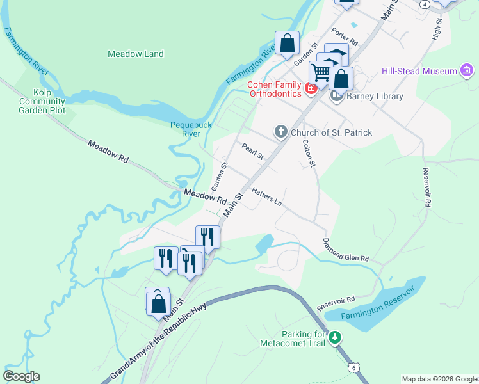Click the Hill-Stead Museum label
pos(419,71)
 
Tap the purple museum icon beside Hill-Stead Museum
pos(467,70)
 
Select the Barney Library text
pos(375,97)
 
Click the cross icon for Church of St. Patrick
pos(280,132)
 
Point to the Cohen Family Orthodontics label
pos(275,89)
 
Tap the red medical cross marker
pos(311,88)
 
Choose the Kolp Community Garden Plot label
pos(42,101)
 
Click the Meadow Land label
pos(136,54)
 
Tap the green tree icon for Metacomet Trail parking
pos(334,337)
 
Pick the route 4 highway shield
pos(425,4)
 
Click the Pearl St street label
pos(253,152)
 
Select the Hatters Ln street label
pos(266,196)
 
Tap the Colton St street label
pos(309,154)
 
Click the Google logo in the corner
pos(21,376)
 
